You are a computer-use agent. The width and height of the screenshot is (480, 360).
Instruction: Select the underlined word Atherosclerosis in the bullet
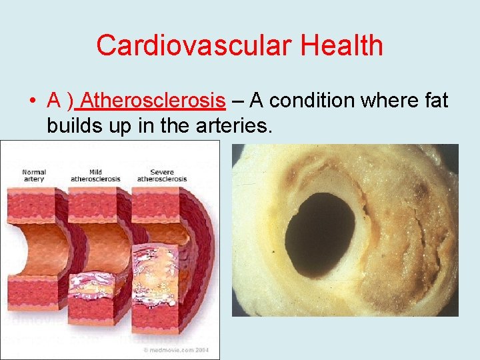[x=155, y=101]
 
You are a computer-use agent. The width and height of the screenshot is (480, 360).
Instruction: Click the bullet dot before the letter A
[x=32, y=102]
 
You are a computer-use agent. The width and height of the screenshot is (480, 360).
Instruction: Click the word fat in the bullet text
[x=434, y=101]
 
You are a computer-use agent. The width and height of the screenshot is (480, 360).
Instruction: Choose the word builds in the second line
[x=72, y=125]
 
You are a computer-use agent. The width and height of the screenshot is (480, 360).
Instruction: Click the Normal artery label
[x=33, y=176]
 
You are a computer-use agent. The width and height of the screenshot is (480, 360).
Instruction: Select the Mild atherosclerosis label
[x=95, y=176]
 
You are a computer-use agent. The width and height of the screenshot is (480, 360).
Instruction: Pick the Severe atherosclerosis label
[x=161, y=176]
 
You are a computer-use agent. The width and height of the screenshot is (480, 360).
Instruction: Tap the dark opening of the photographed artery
[x=320, y=231]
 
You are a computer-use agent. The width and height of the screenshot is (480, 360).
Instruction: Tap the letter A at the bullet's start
[x=55, y=101]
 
